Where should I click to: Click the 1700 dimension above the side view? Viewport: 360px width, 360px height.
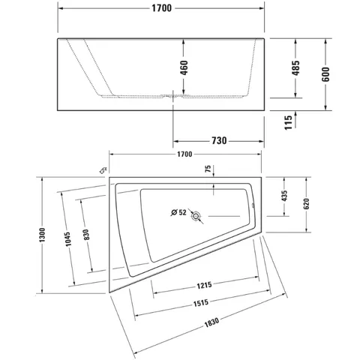(162, 8)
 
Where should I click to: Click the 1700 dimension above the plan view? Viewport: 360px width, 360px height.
(184, 154)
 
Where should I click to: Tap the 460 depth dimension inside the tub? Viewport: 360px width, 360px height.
(184, 67)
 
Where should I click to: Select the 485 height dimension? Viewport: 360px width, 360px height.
(295, 67)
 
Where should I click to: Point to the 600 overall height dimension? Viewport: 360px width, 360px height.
(325, 74)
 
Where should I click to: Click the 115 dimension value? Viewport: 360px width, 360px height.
(288, 122)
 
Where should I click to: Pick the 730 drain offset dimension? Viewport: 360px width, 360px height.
(219, 141)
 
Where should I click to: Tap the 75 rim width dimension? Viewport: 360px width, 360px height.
(208, 169)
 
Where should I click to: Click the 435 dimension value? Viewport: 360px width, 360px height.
(284, 196)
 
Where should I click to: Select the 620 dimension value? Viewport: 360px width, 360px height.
(306, 204)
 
